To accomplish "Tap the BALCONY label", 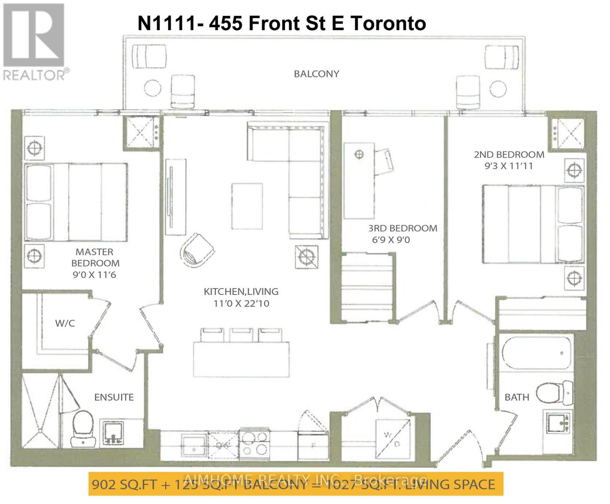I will [x=316, y=74].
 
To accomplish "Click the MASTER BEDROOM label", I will [x=95, y=257].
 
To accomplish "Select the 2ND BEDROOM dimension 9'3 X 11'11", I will [x=509, y=166].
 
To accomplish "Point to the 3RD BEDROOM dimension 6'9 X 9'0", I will [x=389, y=240].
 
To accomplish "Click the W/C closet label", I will [x=65, y=323].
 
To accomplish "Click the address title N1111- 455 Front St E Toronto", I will [x=282, y=23].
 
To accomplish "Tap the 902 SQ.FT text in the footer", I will [x=124, y=484].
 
